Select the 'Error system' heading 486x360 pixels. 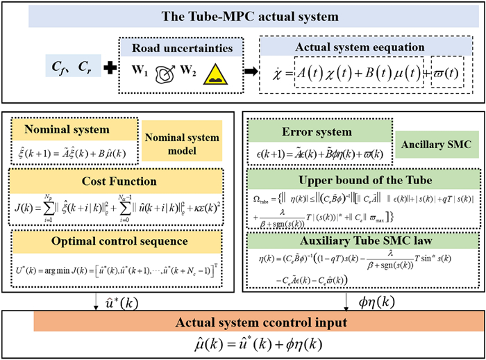tap(316, 129)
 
